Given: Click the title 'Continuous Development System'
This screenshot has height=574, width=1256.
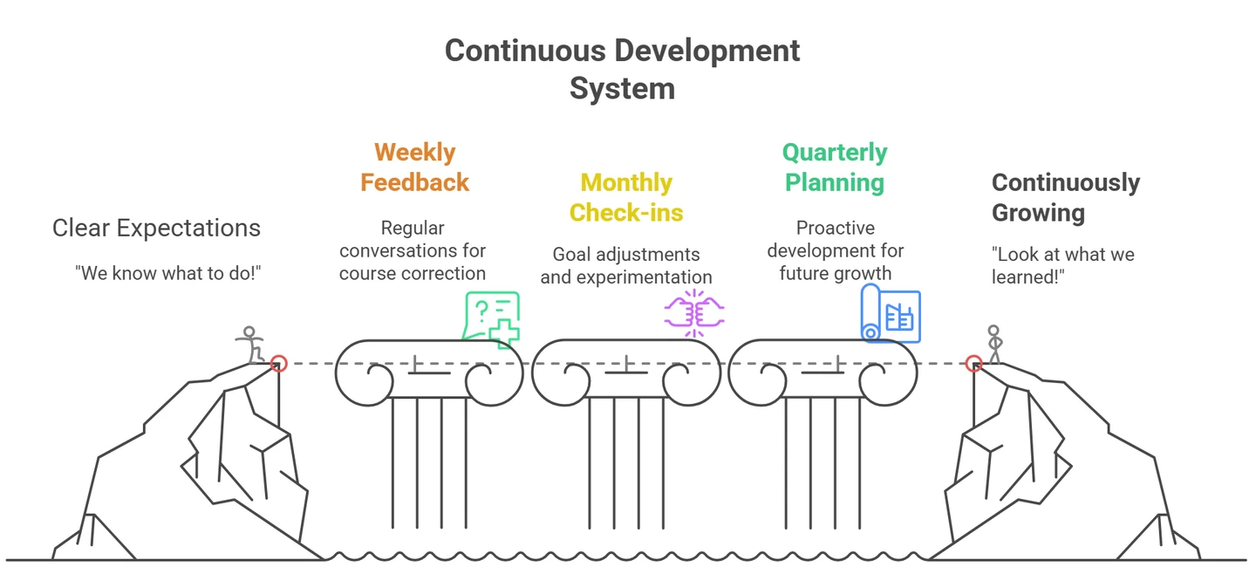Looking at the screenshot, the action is tap(623, 70).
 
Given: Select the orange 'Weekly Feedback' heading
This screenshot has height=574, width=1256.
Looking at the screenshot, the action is tap(415, 167).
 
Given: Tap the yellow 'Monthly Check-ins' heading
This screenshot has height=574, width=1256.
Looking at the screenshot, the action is tap(626, 197).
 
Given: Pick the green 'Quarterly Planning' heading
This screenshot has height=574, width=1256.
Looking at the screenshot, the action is tap(835, 167).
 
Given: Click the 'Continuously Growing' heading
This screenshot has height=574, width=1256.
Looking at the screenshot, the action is tap(1065, 197).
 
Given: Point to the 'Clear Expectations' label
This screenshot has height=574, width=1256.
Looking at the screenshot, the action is tap(156, 229).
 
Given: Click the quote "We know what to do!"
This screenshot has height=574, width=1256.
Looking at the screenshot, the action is tap(168, 273).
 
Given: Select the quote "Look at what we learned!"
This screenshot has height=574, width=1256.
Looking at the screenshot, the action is tap(1062, 265).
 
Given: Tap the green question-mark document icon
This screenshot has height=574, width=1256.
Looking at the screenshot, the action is tap(492, 318).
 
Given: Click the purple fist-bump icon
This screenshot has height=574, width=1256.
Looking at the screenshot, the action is tap(694, 313).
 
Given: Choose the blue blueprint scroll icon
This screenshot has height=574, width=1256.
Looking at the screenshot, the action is tap(891, 313).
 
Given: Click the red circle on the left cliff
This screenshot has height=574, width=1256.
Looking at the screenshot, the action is tap(279, 363).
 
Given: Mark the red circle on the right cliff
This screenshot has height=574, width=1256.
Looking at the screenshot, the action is tap(974, 363).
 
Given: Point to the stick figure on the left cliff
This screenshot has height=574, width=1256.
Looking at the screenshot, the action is tap(250, 345).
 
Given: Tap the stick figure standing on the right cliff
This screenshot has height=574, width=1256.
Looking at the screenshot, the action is tap(994, 345).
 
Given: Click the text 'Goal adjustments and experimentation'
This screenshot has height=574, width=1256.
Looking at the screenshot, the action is tap(626, 265).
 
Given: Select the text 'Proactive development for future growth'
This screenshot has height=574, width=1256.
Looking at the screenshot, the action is tap(836, 250).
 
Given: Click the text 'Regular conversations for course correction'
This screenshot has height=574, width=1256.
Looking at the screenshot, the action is tap(413, 250).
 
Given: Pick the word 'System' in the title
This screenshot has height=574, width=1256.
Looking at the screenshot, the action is tap(623, 89).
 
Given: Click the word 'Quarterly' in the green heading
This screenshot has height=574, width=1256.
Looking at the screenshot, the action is tap(835, 153).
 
